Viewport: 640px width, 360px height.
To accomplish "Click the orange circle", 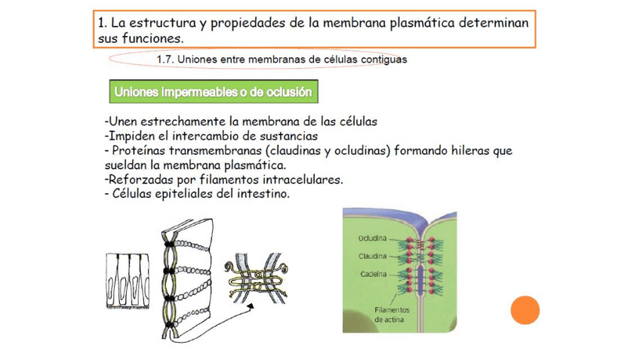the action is (x=525, y=310).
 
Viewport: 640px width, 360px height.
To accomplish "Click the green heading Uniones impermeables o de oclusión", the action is (x=213, y=92).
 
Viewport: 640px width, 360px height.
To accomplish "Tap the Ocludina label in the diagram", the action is (x=372, y=238).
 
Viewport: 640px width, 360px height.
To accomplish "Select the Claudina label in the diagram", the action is (x=372, y=256).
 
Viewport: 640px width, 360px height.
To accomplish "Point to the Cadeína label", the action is (x=374, y=273).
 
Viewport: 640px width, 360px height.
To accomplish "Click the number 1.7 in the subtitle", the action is (x=165, y=60).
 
